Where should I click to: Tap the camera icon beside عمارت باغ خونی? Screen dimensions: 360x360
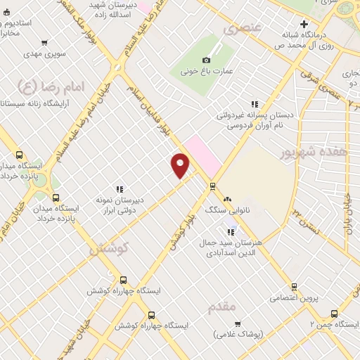point(206,60)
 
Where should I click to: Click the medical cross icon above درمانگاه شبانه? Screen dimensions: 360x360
point(303,23)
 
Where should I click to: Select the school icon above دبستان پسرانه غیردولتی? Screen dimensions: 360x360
point(255,104)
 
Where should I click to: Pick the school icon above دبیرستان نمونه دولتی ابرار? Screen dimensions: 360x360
point(120,188)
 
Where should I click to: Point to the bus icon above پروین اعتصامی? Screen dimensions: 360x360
point(294,286)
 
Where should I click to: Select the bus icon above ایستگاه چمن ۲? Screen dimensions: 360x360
point(334,313)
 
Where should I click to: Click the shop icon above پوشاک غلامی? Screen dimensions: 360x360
point(238,323)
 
